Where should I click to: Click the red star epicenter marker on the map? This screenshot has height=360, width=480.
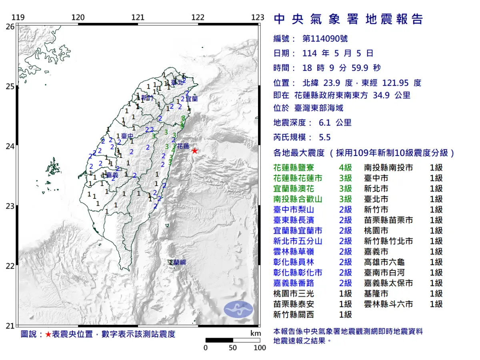coord(194,151)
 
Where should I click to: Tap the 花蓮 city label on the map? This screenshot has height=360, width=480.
coord(183,146)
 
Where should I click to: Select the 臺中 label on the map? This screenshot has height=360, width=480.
coord(127,137)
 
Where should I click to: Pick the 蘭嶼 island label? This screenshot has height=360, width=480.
coord(178,262)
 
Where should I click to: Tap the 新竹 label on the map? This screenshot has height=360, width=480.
coord(147,98)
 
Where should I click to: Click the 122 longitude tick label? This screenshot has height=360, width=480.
coord(198,17)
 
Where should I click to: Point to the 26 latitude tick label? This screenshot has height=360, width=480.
coord(10,26)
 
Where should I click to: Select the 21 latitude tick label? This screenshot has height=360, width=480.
coord(10,326)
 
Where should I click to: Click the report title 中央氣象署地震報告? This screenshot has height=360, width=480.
coord(348,19)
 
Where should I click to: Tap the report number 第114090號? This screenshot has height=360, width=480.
coord(325,39)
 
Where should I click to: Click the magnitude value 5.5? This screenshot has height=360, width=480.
coord(325,137)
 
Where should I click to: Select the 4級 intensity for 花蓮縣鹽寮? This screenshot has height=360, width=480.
coord(345,168)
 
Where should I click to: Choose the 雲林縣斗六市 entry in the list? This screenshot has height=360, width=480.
coord(388,304)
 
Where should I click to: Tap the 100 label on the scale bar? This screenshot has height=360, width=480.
coord(260,348)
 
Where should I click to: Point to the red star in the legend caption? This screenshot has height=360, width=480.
coord(48,334)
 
